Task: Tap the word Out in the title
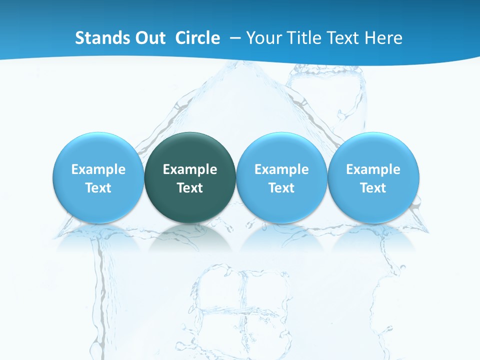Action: click(148, 38)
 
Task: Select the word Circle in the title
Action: click(197, 38)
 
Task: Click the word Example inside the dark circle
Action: click(190, 169)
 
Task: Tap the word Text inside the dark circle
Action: click(190, 188)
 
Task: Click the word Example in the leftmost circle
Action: click(98, 169)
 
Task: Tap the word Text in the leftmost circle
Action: click(98, 188)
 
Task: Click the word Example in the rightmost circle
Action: click(373, 169)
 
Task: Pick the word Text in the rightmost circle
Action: click(373, 188)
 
